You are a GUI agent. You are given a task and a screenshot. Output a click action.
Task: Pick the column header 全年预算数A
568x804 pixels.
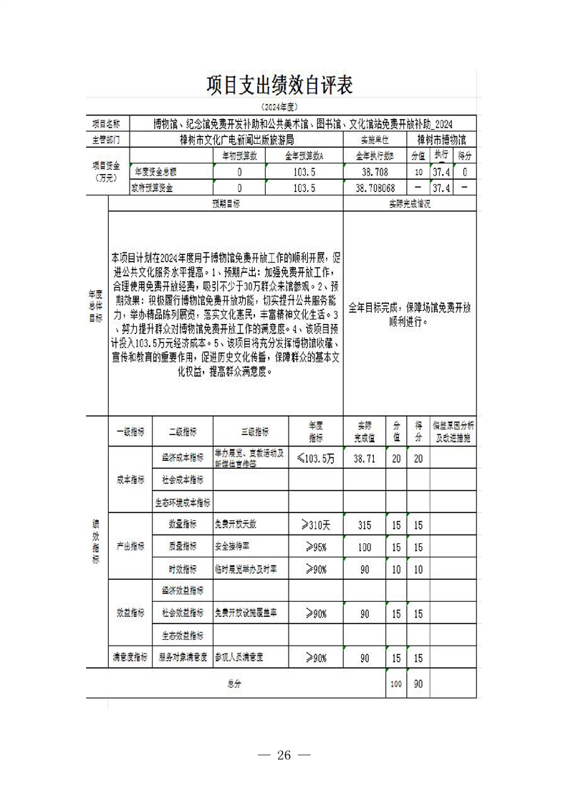(x=304, y=155)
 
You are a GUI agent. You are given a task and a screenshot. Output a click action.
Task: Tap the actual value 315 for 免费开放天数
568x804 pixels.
(x=365, y=525)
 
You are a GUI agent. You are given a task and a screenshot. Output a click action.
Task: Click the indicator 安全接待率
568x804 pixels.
(x=232, y=546)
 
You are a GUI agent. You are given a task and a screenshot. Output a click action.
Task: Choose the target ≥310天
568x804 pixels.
(x=316, y=525)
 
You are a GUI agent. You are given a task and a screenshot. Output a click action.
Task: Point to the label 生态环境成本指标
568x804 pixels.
(x=183, y=502)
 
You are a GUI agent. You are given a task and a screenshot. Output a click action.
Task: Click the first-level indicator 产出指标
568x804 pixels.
(x=130, y=546)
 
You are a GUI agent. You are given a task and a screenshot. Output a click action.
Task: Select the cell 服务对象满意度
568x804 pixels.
(x=183, y=656)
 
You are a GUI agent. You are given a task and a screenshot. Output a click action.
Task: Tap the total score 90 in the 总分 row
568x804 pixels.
(x=418, y=684)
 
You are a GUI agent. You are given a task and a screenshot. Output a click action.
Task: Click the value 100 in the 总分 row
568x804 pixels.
(x=396, y=684)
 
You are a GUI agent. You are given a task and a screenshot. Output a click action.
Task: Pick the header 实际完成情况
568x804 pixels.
(x=410, y=204)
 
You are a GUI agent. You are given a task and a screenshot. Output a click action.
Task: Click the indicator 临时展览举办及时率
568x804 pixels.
(x=246, y=568)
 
